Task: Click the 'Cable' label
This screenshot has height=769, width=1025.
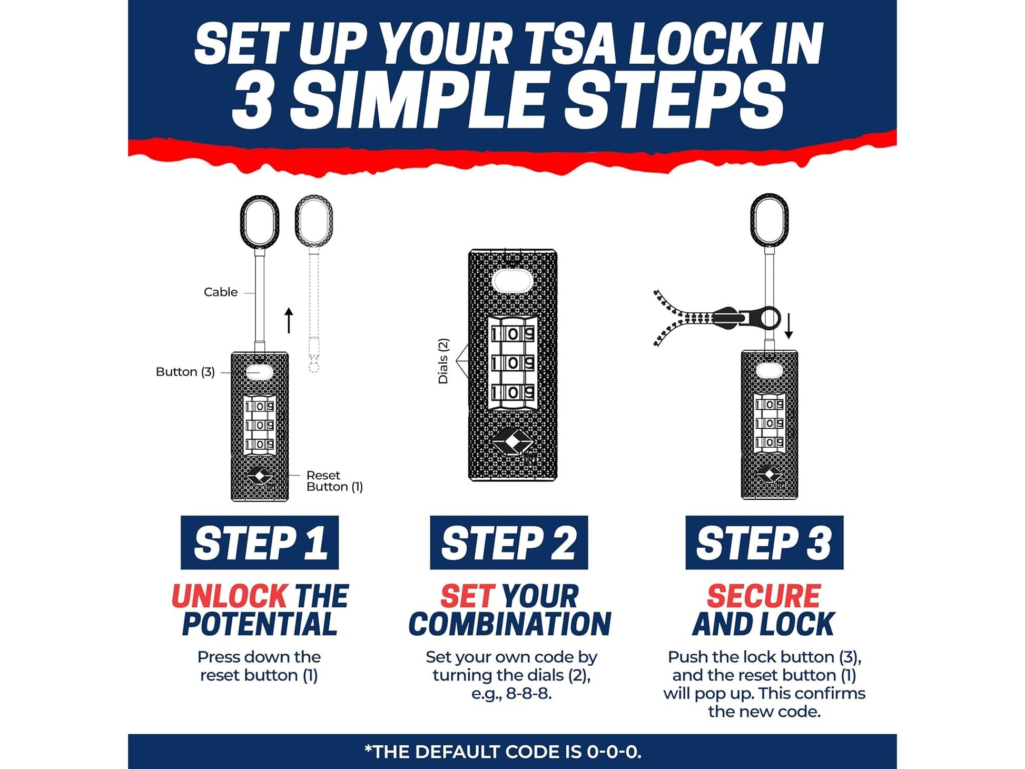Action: [220, 292]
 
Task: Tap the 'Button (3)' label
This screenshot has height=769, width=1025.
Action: [185, 372]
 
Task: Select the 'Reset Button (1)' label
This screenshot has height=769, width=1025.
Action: [334, 481]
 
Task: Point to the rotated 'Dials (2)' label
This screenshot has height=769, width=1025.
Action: [443, 361]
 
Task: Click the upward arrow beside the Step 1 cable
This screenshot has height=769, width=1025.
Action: [289, 320]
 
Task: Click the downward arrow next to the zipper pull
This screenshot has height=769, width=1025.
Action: [789, 327]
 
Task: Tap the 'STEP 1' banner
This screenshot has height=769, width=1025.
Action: [260, 543]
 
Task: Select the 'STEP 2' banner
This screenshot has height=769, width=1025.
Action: [509, 543]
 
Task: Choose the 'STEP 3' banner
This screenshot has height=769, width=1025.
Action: [764, 543]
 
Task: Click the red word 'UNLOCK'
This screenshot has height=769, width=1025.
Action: [230, 596]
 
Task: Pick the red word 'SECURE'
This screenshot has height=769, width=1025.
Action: [763, 596]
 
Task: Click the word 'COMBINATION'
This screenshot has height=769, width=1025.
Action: [509, 624]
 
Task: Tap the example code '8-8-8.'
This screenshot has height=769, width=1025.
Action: [528, 694]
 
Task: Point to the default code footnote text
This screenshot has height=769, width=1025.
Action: [503, 752]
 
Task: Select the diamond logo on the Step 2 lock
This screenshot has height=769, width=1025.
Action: [512, 441]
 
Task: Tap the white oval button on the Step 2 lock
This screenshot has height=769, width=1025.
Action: [512, 281]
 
